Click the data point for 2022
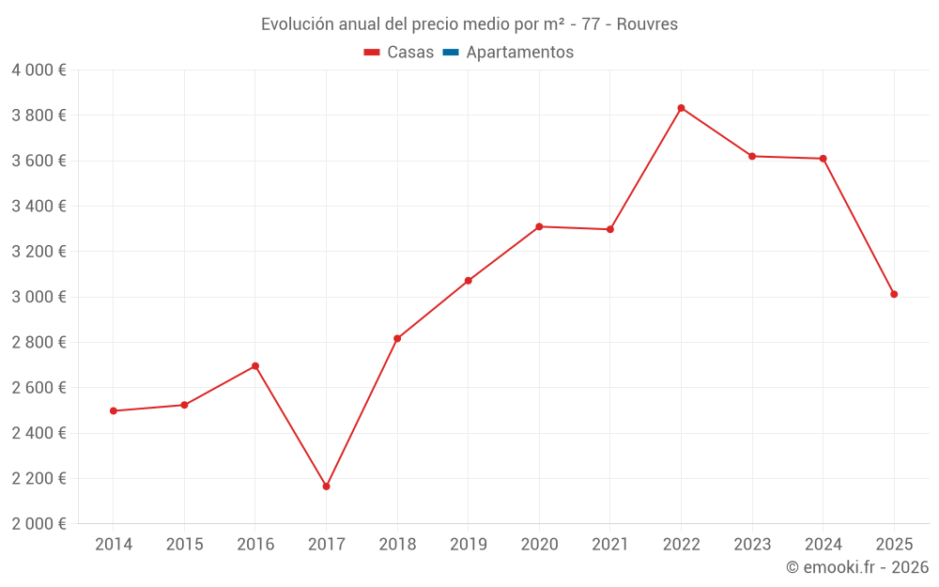681,108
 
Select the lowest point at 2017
326,487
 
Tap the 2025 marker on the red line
894,294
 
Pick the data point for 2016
255,366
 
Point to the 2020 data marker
539,226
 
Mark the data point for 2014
114,410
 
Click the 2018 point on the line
397,338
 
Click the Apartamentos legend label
519,53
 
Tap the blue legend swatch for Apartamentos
450,53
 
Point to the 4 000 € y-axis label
38,70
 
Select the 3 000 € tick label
38,297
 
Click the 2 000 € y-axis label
38,524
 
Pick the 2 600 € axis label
38,388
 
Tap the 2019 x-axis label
468,545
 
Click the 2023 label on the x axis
752,545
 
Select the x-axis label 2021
609,545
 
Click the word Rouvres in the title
648,24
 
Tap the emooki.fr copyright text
857,567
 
